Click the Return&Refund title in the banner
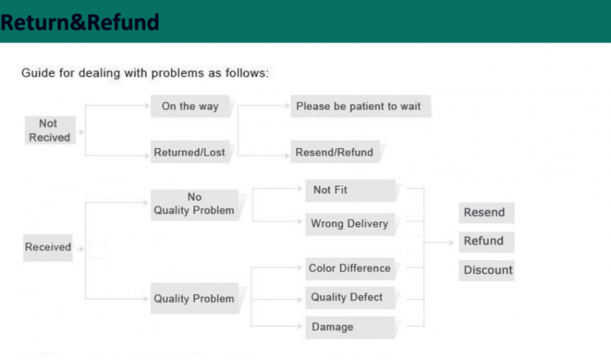(80, 22)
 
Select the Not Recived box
(50, 130)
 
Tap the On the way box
(190, 106)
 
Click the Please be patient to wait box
(360, 106)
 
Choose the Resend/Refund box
(335, 152)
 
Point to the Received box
(48, 247)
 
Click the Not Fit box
(350, 190)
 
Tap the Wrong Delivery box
(350, 224)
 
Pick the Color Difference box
(350, 269)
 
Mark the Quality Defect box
(350, 297)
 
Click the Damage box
(350, 327)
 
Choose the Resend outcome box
(487, 213)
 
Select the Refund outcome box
(487, 242)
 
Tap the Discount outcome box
(487, 270)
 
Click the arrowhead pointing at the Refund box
(451, 242)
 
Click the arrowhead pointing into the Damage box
(300, 326)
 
